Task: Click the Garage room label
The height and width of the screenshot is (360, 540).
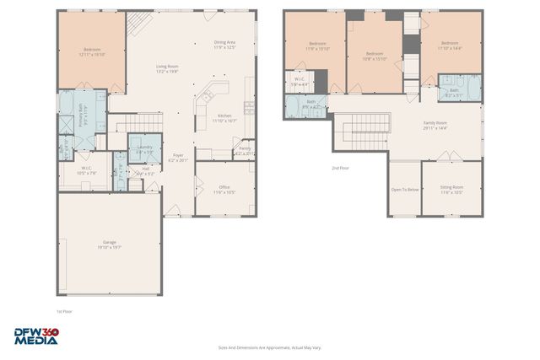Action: click(109, 245)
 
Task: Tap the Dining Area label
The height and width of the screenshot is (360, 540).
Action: click(224, 45)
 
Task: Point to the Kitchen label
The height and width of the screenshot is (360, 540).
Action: click(224, 118)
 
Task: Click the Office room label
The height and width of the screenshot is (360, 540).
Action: click(224, 191)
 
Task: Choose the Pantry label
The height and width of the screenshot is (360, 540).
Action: click(244, 151)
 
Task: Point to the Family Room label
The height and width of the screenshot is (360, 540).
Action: click(435, 126)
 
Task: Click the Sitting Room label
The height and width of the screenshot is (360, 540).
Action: click(451, 191)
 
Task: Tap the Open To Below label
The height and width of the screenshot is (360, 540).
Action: click(405, 190)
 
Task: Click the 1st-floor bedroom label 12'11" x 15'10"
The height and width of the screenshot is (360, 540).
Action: click(91, 52)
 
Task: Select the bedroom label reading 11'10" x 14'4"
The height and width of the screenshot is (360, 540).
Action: click(449, 46)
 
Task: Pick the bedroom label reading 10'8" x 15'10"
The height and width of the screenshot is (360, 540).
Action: click(374, 56)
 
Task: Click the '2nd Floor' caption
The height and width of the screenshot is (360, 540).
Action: click(340, 168)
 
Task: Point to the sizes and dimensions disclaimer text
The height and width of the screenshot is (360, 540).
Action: click(269, 347)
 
